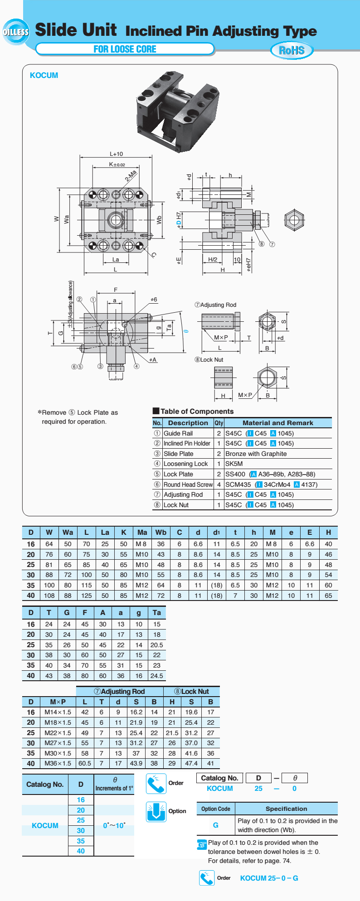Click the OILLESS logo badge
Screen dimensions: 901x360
click(15, 32)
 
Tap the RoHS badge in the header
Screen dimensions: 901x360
click(292, 50)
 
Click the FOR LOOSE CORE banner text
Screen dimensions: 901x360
click(125, 49)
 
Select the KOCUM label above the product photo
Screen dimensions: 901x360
click(44, 75)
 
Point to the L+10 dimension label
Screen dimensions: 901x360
click(116, 154)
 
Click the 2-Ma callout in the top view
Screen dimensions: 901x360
click(131, 175)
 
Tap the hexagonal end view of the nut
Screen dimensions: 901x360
click(293, 221)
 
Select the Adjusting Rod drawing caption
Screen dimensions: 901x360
click(215, 305)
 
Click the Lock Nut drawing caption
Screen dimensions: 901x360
click(209, 360)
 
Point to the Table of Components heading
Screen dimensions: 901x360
click(197, 411)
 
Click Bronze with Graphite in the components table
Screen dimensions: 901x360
click(256, 454)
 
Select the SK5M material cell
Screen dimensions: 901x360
click(234, 464)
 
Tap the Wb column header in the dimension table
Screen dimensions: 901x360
click(161, 533)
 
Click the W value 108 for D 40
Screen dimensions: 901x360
click(49, 596)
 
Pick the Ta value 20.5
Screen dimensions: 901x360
click(156, 645)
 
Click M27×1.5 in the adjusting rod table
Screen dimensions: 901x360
click(58, 743)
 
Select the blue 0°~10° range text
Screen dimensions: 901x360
click(114, 825)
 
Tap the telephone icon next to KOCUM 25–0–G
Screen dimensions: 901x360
click(207, 878)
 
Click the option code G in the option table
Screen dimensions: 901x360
click(215, 825)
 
